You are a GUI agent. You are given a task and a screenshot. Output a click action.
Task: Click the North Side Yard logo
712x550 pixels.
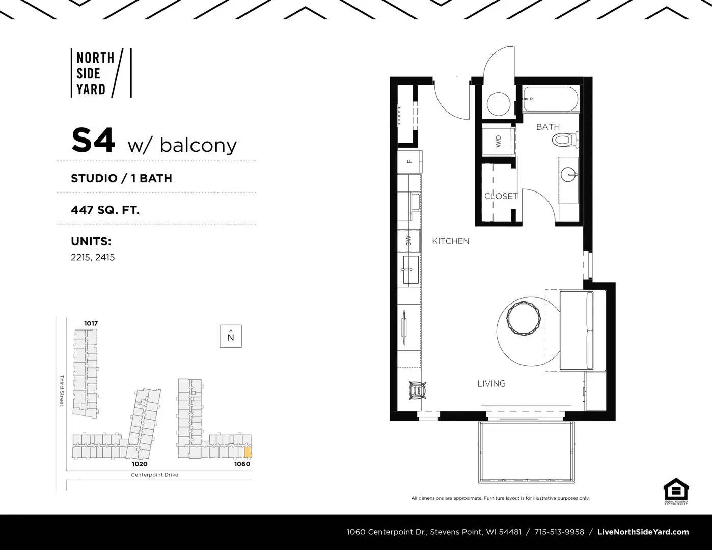[x=100, y=73]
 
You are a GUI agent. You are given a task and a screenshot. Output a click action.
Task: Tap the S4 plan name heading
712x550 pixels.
[x=93, y=141]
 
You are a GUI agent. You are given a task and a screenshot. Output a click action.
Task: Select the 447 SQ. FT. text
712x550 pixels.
[x=105, y=209]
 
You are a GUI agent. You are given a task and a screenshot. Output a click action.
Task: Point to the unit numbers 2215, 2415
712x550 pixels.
[x=93, y=257]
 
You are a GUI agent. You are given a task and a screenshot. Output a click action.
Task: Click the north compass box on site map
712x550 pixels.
[x=231, y=336]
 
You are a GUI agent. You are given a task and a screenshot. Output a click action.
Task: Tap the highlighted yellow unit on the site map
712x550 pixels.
[x=248, y=452]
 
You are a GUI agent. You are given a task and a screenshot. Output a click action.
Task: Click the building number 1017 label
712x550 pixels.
[x=91, y=323]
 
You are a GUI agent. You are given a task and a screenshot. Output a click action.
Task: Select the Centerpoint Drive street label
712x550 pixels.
[x=154, y=475]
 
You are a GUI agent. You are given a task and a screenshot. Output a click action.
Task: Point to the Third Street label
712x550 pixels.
[x=62, y=391]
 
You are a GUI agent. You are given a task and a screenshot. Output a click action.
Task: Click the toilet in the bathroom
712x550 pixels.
[x=565, y=140]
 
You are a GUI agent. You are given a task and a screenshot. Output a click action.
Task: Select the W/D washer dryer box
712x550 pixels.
[x=499, y=141]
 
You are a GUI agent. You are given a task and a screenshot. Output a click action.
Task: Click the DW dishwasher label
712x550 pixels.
[x=409, y=241]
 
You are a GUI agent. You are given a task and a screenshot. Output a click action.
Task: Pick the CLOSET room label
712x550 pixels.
[x=501, y=196]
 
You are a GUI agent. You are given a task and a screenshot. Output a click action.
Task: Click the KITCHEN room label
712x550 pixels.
[x=451, y=241]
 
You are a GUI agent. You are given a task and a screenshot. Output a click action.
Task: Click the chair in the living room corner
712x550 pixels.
[x=417, y=391]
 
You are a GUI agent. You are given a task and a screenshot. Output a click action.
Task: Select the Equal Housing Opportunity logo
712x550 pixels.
[x=676, y=491]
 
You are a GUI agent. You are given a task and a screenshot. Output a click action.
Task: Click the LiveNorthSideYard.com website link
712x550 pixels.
[x=643, y=532]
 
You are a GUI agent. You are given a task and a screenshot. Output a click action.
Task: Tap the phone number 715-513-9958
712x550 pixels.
[x=559, y=532]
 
